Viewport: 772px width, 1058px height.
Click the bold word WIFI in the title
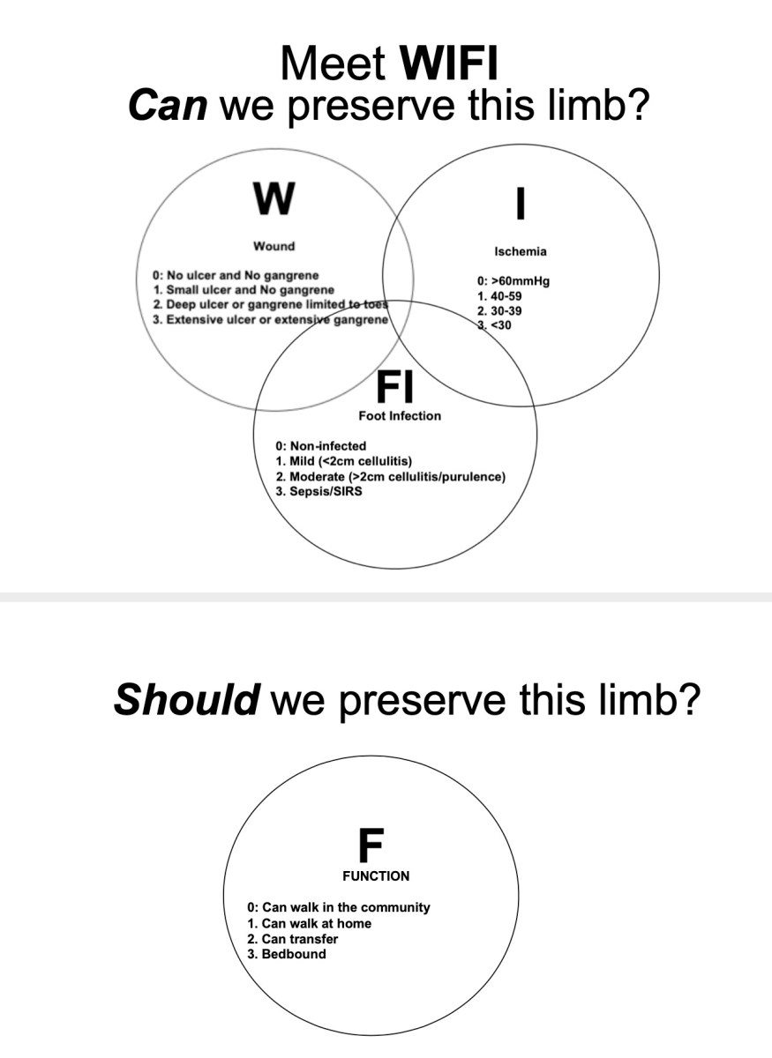click(450, 64)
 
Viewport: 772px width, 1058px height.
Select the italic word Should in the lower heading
click(186, 700)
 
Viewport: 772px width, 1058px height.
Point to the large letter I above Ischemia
click(521, 202)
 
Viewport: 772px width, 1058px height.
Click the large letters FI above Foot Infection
click(399, 385)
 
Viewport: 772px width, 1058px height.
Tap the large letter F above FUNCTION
click(371, 846)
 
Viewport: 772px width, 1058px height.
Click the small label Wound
click(274, 246)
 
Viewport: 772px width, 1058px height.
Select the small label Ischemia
click(520, 251)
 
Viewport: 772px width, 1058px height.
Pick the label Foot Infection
click(399, 415)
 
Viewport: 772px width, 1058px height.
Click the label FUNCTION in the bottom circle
click(376, 876)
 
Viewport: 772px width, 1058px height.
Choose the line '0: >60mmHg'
click(513, 282)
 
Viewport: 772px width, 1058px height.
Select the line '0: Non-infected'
click(321, 446)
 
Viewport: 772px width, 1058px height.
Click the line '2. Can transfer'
click(293, 939)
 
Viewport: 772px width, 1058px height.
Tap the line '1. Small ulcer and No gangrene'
click(244, 289)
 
